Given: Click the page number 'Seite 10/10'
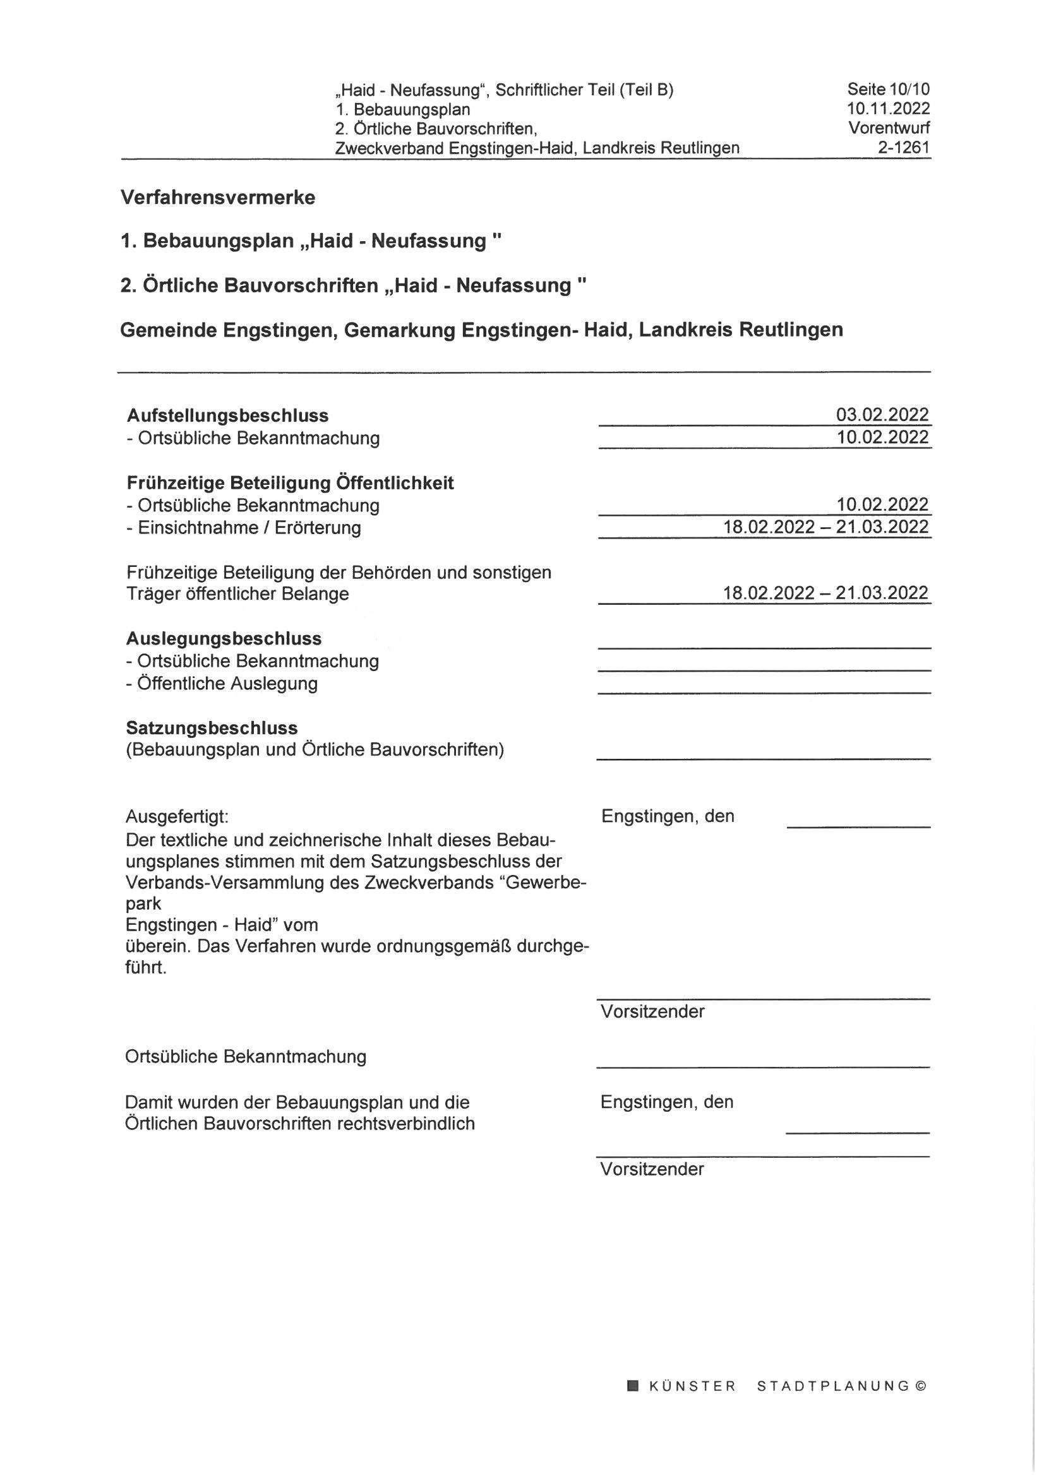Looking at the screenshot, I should pos(888,89).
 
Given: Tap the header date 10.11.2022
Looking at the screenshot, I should pos(888,109).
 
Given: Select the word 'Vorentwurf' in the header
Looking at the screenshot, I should pos(889,128).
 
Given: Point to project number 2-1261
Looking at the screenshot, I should pos(904,148).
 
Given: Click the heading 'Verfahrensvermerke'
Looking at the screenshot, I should pos(217,198).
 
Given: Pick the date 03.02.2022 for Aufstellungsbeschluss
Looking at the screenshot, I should pos(882,415).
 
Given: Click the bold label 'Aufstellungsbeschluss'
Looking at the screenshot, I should pos(228,415).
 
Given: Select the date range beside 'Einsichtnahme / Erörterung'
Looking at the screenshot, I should pos(825,527).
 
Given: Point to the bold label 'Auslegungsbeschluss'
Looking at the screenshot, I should pos(224,638).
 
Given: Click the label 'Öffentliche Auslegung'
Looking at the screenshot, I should pos(227,682).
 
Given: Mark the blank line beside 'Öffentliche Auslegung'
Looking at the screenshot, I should pos(764,692).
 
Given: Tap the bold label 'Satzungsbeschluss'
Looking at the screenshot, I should pos(212,728).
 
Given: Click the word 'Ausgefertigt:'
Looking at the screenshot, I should pos(177,816).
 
